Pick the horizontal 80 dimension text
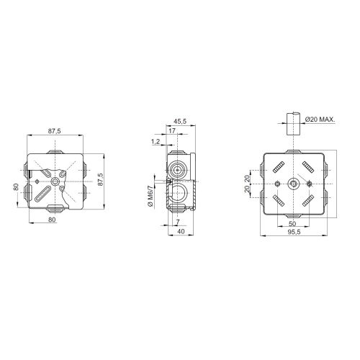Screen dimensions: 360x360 (52, 220)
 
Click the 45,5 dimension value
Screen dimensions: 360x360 (180, 122)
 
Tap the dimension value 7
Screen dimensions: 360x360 (178, 222)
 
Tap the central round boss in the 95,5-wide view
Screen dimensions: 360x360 (292, 184)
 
